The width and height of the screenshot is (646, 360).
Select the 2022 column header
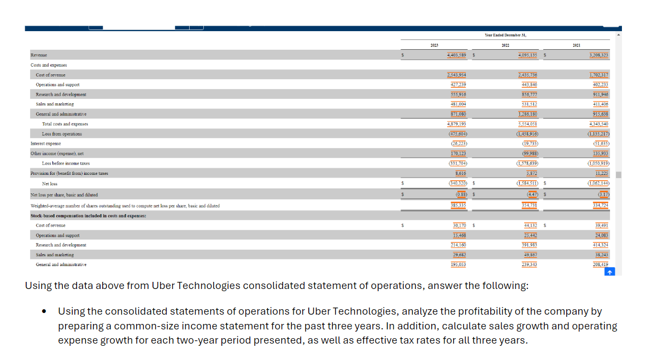tap(506, 45)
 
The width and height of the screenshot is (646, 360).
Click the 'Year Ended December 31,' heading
tap(506, 35)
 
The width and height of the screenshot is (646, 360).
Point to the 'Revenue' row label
tap(39, 55)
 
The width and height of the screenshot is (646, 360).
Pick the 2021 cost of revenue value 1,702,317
tap(598, 75)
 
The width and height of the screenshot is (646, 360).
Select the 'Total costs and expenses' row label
tap(65, 124)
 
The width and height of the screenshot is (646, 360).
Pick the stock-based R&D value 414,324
tap(601, 245)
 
